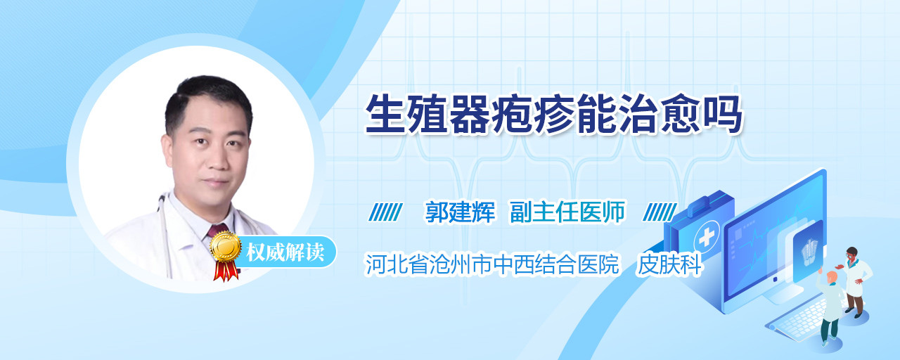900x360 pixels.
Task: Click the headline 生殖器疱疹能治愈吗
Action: pos(553,114)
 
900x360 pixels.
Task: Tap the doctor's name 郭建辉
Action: pos(460,212)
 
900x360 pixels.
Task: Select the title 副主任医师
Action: pos(567,212)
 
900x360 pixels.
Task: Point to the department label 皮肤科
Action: pos(669,265)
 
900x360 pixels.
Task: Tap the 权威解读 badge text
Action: pos(285,252)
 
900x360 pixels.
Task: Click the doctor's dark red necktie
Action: pos(217,231)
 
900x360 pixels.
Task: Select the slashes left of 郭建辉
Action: pos(385,212)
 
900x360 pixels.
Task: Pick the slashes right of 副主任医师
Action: pos(660,212)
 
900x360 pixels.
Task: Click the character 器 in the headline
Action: pos(470,114)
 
